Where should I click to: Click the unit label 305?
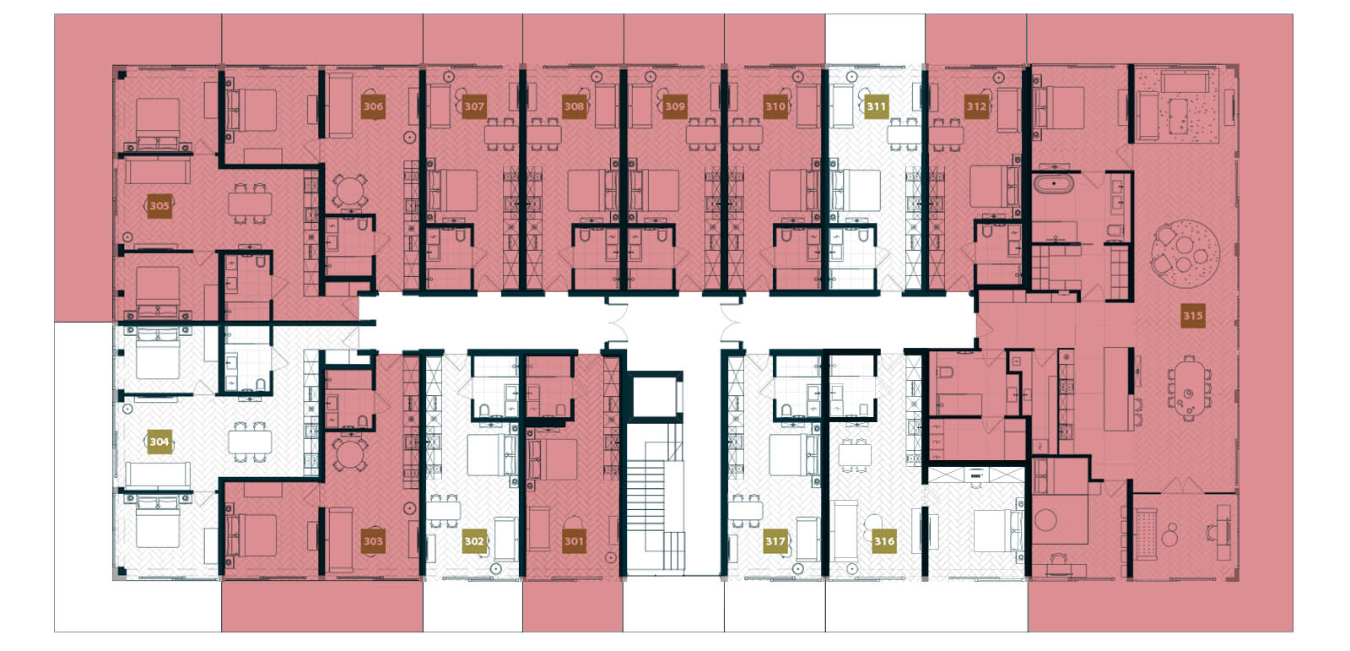tap(159, 205)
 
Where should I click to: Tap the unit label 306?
tap(373, 106)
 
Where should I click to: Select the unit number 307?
tap(474, 106)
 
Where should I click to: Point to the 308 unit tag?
tap(574, 106)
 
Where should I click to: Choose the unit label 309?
tap(674, 106)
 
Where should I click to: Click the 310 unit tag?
tap(775, 106)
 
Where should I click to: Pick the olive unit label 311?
tap(876, 106)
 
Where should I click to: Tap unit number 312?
tap(976, 106)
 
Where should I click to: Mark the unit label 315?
tap(1192, 316)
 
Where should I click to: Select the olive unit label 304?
tap(159, 441)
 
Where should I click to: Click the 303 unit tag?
tap(373, 541)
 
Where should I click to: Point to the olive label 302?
tap(474, 541)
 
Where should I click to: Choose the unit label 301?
tap(574, 541)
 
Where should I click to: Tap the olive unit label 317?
tap(775, 541)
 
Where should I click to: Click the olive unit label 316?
tap(883, 541)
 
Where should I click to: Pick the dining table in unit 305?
tap(251, 203)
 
